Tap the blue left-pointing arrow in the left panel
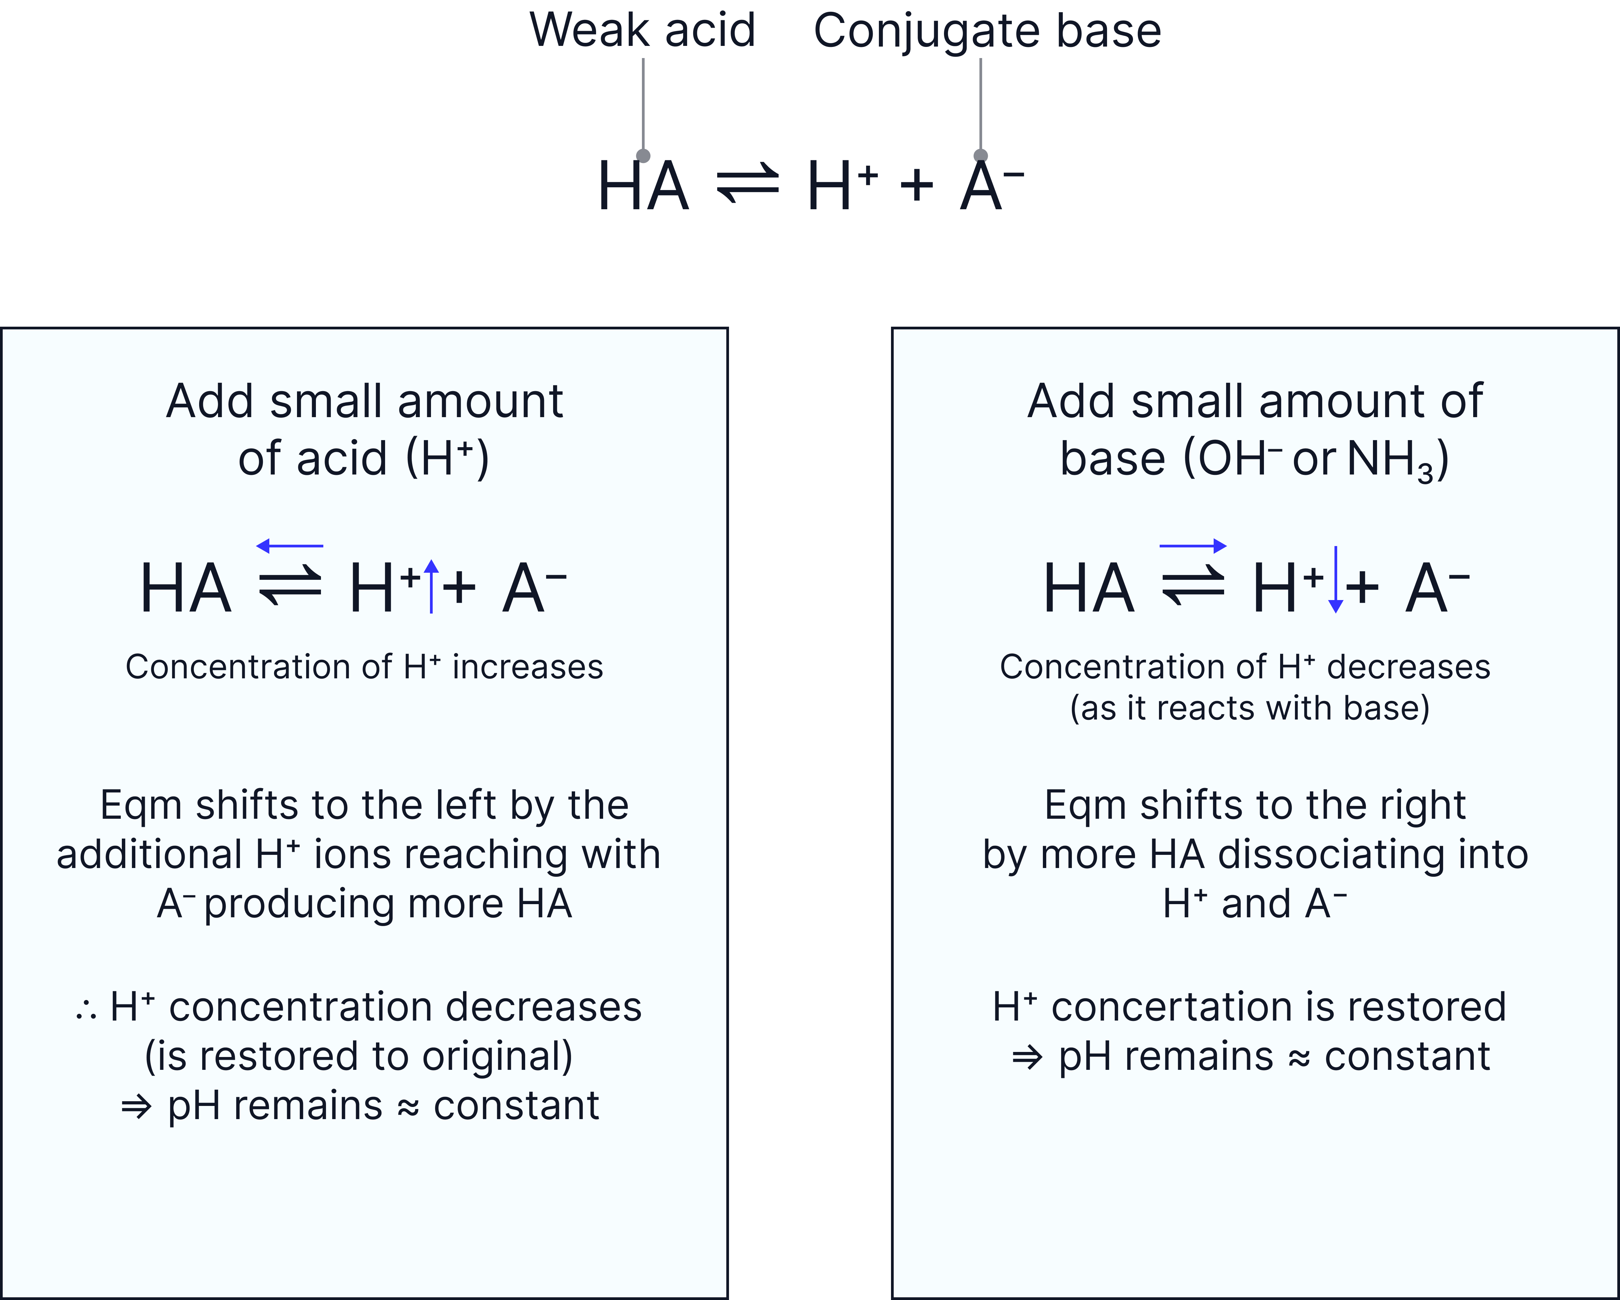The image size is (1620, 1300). [289, 546]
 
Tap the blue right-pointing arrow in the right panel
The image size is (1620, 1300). [1193, 546]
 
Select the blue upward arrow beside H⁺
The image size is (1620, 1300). [431, 586]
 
